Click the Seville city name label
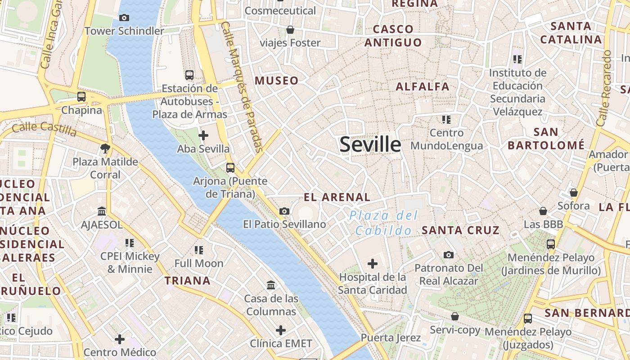[370, 144]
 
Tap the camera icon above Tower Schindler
[124, 18]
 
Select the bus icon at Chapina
[81, 96]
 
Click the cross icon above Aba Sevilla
[203, 135]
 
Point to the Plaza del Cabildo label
[383, 223]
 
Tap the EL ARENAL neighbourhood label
[337, 197]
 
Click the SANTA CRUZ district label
[460, 230]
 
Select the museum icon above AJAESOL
[102, 211]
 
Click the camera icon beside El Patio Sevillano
[284, 211]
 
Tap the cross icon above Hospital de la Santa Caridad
[372, 264]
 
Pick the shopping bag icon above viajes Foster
[290, 30]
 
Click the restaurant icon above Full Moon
[199, 250]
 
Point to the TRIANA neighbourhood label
[187, 281]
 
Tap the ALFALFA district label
[423, 86]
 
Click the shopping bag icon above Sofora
[573, 193]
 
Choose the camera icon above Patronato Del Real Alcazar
[448, 255]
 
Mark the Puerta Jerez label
[391, 337]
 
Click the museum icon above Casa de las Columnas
[271, 285]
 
